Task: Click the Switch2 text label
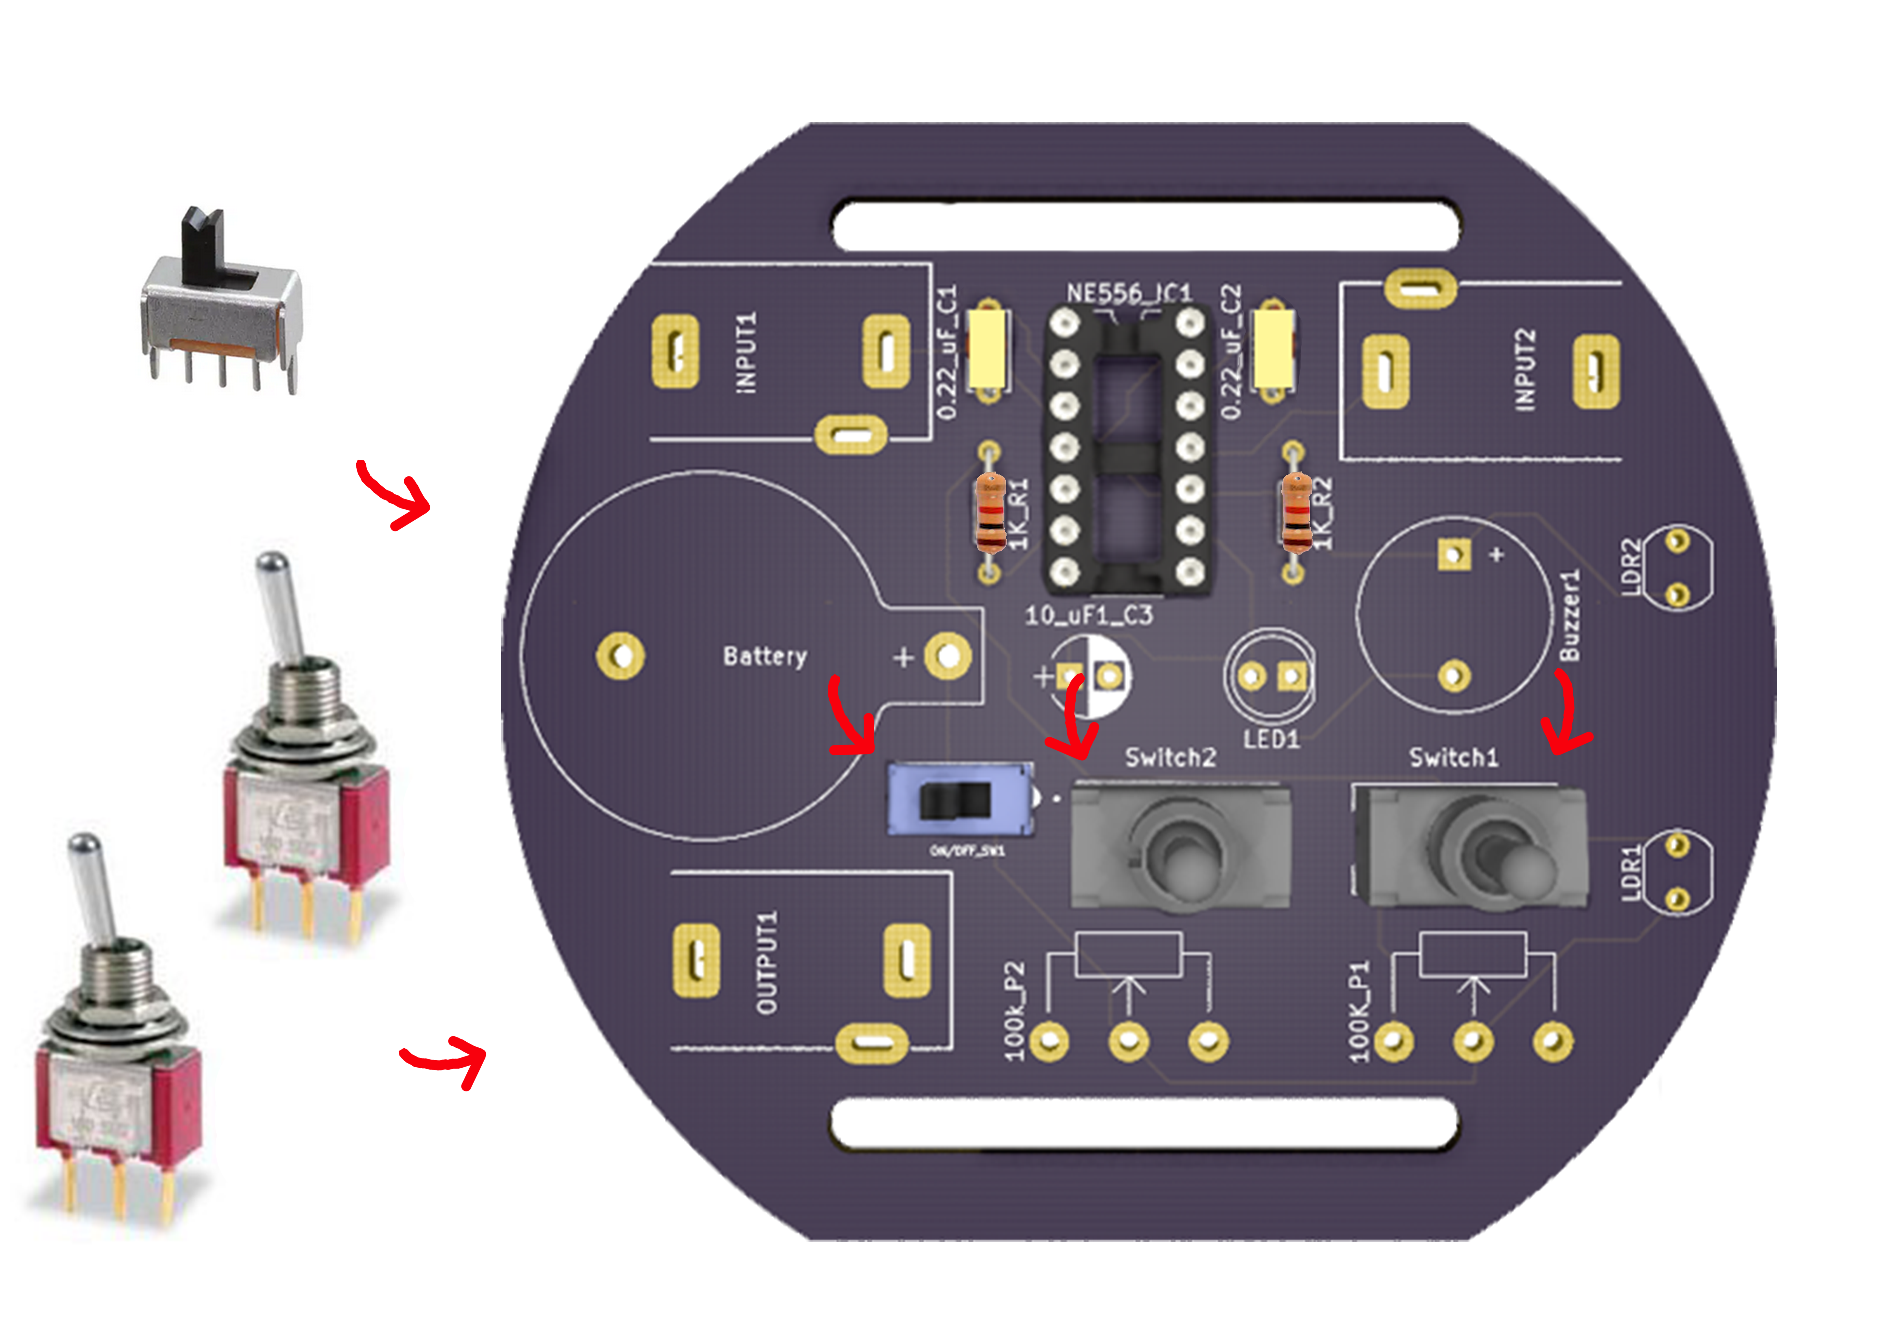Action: coord(1170,757)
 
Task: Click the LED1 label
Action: coord(1271,739)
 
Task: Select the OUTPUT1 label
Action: coord(766,963)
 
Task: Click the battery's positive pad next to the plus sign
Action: coord(947,656)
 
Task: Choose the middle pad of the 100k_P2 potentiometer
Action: coord(1128,1042)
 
